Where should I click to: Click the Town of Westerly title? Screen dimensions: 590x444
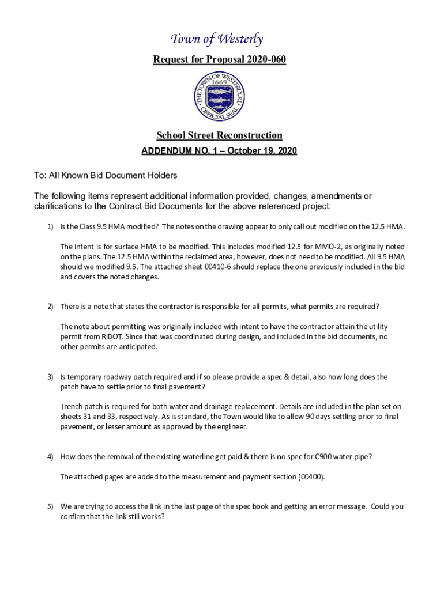(217, 39)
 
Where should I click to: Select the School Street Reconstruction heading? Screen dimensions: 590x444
(220, 135)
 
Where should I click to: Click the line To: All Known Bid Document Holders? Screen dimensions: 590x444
(106, 175)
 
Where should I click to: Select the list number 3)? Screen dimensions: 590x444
(51, 377)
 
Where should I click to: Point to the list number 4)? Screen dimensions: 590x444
(51, 457)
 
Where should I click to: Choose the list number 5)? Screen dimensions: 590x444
(51, 506)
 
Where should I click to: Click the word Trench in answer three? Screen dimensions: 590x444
(72, 407)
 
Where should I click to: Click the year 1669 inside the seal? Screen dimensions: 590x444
(219, 82)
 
